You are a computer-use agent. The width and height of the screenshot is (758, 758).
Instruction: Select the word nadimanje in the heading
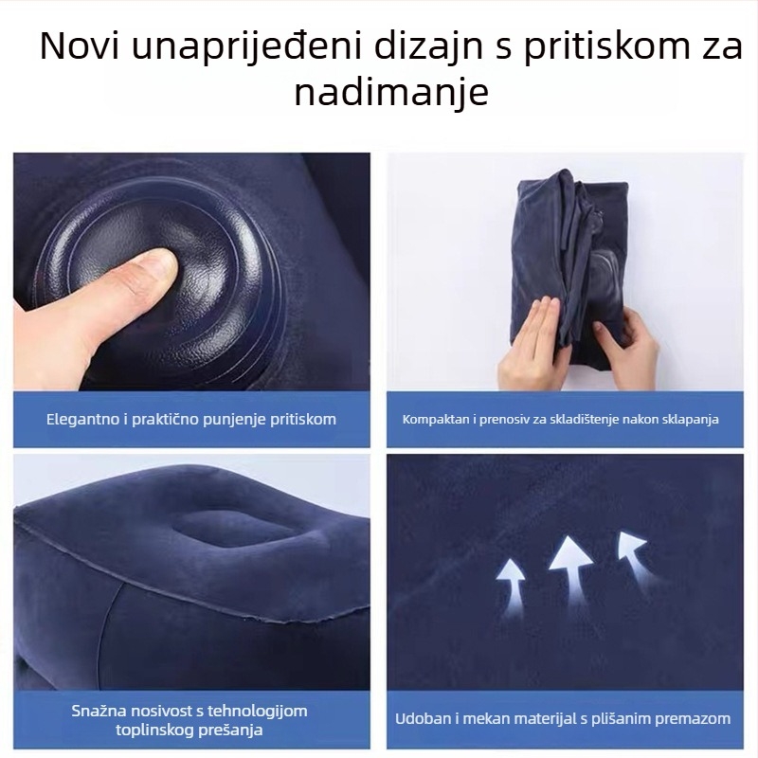tap(390, 93)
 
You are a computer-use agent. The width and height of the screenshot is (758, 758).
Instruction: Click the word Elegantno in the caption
tap(81, 418)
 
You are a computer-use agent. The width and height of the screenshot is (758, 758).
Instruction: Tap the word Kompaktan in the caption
tap(433, 418)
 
